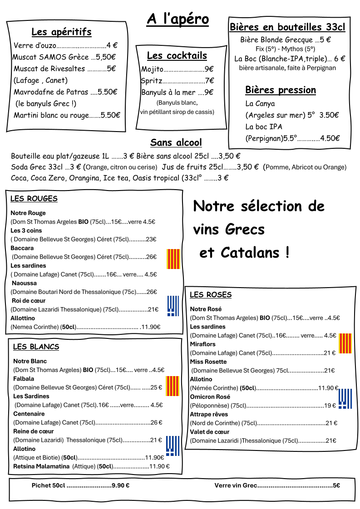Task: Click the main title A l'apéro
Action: pos(178,19)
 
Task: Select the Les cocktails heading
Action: pos(177,56)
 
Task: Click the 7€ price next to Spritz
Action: pos(209,81)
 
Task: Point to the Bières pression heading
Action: pos(280,90)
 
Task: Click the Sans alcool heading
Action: pos(176,143)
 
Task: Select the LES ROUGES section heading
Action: pos(34,199)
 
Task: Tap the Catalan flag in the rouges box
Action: pos(173,259)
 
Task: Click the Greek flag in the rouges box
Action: pos(173,306)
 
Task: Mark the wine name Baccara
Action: pos(22,248)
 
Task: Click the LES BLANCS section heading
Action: pos(36,347)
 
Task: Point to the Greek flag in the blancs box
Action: pos(173,445)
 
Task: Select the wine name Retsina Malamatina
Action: pos(41,466)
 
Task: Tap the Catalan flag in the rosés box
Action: pos(345,343)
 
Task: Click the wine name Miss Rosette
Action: pos(208,362)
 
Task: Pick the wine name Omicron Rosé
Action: pos(210,397)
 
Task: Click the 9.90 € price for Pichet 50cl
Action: pos(120,485)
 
